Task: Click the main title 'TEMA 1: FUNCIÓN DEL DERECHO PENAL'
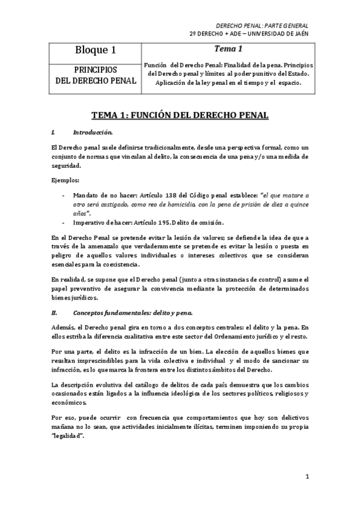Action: (180, 114)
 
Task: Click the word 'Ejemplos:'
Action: (65, 179)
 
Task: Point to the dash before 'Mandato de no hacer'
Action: (64, 195)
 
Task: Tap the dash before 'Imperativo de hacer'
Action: (64, 221)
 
